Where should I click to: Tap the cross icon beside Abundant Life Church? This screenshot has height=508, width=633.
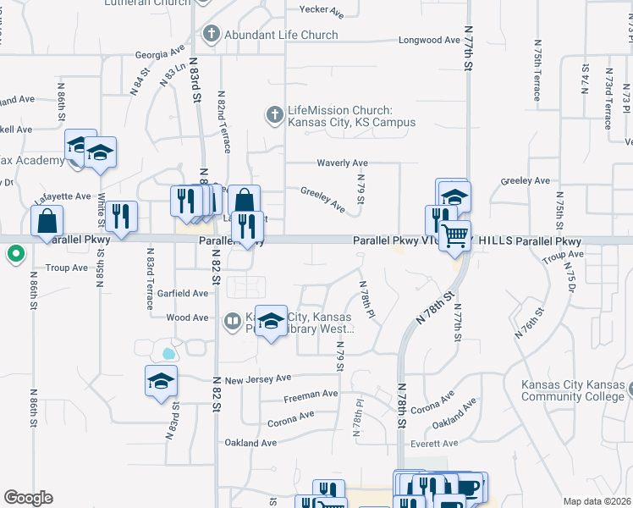[211, 34]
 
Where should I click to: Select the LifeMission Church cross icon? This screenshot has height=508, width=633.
[274, 113]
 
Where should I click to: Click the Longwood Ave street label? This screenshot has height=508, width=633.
[429, 40]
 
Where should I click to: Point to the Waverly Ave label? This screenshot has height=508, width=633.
[342, 163]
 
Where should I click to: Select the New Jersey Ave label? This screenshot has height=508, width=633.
[257, 378]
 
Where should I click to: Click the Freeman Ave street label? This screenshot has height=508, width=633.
[311, 394]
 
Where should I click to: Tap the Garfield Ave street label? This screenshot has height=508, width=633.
[182, 293]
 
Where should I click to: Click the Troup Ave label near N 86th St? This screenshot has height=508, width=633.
[68, 268]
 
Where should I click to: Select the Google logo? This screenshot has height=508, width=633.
[28, 498]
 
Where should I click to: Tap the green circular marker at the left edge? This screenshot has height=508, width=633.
[15, 253]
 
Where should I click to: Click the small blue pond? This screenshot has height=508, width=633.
[168, 352]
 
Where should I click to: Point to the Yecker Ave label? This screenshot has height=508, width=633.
[322, 12]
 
